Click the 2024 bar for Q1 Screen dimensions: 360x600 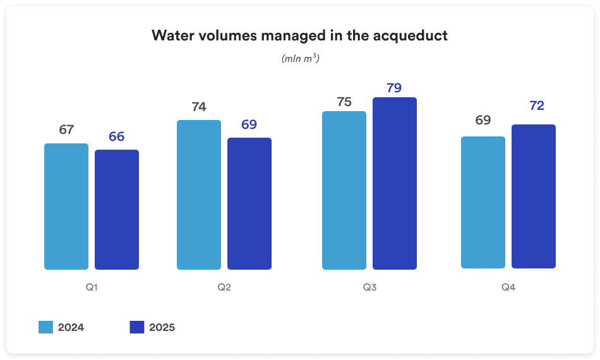[x=66, y=207]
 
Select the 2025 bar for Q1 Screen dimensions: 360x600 [x=117, y=210]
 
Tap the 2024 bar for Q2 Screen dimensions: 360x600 [x=199, y=195]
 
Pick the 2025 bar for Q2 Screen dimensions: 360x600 [x=249, y=203]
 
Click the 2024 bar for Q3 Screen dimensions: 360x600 [x=344, y=190]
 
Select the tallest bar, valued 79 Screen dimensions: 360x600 [x=395, y=183]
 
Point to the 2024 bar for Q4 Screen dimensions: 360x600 [x=483, y=202]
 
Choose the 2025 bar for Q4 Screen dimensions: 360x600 [x=534, y=196]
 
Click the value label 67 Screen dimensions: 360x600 [x=66, y=130]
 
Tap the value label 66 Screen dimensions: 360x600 [x=117, y=136]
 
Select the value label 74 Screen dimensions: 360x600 [x=199, y=107]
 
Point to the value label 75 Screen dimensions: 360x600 [x=344, y=102]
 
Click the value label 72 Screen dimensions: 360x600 [x=537, y=106]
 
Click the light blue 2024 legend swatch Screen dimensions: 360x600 [x=45, y=327]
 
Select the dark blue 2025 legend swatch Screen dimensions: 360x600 [x=137, y=327]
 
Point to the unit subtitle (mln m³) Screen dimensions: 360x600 [x=300, y=58]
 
